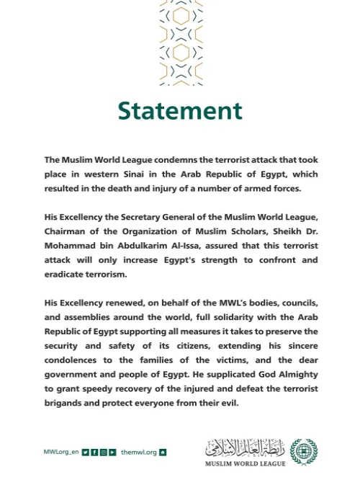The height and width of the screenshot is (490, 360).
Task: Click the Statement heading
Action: pos(180,111)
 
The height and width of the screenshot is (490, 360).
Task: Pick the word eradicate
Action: pos(66,274)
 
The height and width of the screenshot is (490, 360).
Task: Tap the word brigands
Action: pos(66,404)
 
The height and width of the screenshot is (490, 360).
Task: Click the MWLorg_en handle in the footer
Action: pos(60,453)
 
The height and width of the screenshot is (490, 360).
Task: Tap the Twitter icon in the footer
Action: pos(86,453)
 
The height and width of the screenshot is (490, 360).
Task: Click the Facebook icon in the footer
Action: pos(94,453)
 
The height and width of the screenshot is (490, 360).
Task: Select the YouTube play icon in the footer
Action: pos(112,453)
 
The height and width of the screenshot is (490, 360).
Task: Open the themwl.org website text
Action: pos(138,453)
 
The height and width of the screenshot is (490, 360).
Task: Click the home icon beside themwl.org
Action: pos(163,453)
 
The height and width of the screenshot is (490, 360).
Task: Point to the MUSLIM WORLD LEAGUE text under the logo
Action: pos(245,463)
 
